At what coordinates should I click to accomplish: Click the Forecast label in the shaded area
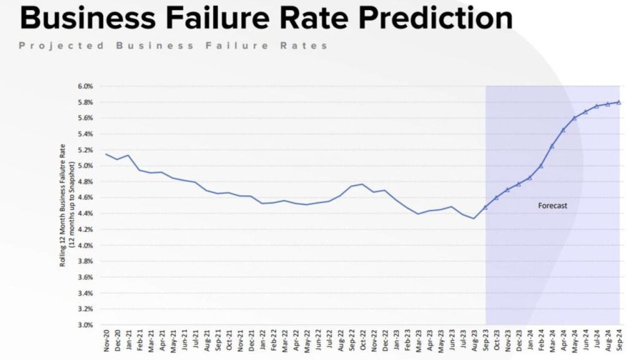coord(552,205)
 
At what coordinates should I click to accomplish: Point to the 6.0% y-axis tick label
coord(86,86)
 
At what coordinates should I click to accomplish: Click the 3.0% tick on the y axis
coord(86,325)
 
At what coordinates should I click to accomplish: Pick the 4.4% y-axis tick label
coord(86,213)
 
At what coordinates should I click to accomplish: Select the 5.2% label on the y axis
coord(86,149)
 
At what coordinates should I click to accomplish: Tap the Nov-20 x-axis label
coord(106,341)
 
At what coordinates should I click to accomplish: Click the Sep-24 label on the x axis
coord(619,341)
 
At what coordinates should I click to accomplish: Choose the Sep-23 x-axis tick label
coord(485,341)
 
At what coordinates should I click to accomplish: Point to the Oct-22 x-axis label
coord(362,341)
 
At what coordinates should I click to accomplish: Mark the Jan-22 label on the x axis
coord(262,341)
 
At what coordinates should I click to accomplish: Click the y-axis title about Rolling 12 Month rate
coord(67,205)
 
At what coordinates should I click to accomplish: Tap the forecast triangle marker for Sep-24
coord(619,102)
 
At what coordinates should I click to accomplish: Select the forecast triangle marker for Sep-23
coord(485,207)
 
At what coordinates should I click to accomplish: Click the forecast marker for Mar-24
coord(552,146)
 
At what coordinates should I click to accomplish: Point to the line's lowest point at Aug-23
coord(474,218)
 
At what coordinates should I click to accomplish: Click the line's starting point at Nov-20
coord(106,154)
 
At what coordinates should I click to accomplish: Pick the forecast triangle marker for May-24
coord(574,117)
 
